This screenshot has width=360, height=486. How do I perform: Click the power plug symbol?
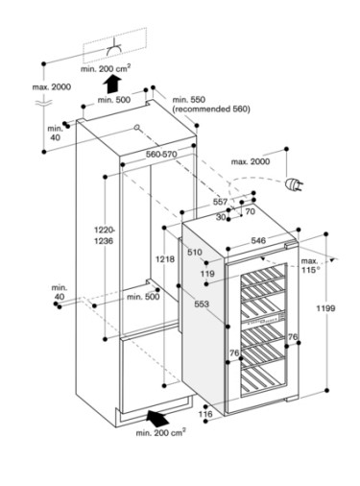coord(294,184)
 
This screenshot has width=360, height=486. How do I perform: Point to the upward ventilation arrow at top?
coord(112,84)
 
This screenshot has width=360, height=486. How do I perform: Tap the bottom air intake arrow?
coord(157,418)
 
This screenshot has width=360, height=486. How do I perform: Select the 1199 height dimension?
coord(325,308)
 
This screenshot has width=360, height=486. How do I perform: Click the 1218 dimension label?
coord(165,259)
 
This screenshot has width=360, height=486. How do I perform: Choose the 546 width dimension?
coord(258,240)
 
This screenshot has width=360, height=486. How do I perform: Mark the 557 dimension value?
coord(220,202)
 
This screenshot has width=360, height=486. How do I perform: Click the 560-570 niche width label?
coord(161,154)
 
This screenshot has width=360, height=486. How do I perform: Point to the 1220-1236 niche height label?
coord(104,235)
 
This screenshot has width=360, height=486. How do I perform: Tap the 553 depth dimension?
coord(202,304)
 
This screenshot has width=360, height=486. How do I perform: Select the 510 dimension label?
coord(195,253)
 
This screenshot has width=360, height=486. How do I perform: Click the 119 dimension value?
coord(207,274)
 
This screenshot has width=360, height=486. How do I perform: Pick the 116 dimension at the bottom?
coord(205,414)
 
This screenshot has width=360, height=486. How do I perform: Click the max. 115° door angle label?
coord(310,265)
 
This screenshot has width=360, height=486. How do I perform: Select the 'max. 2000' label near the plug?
coord(251,161)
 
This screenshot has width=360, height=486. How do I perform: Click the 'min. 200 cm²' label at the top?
coord(106,68)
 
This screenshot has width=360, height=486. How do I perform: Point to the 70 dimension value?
coord(250,211)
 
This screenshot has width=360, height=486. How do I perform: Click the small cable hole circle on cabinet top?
coord(137,128)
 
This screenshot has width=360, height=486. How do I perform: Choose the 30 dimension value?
coord(221,217)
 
